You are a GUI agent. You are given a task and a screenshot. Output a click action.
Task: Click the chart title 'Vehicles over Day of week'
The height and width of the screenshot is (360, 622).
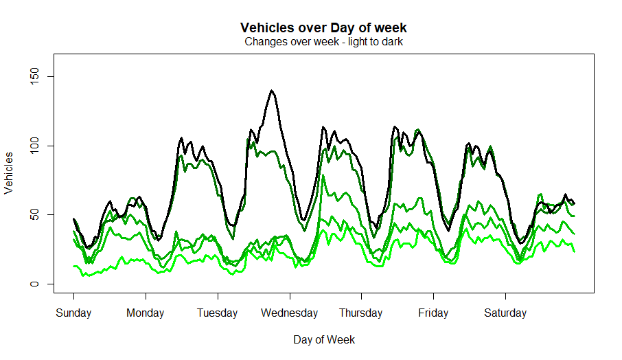[323, 28]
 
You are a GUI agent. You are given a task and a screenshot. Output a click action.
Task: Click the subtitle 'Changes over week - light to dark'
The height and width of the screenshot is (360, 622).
[323, 42]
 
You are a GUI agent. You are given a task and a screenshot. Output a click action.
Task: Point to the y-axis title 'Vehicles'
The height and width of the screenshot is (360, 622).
[9, 173]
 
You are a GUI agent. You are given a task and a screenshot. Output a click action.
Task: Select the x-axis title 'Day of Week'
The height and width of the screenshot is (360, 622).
[324, 339]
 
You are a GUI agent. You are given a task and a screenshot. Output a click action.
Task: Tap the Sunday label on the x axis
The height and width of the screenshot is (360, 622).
[73, 313]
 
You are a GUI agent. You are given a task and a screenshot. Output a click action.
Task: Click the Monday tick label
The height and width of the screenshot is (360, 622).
[146, 313]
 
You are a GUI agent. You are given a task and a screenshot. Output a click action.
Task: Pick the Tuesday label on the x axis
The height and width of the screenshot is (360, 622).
[217, 313]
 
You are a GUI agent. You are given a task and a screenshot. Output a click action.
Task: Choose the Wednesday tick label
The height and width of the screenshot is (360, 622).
[289, 313]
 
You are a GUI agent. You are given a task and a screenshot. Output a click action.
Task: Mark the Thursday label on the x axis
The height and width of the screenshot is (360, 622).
[361, 313]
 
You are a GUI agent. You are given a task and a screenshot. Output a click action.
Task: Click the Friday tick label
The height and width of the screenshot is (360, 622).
[433, 313]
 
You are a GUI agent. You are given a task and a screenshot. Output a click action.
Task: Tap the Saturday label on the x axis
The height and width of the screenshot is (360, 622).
[505, 313]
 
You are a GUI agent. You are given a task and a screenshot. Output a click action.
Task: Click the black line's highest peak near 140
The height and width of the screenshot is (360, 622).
[272, 91]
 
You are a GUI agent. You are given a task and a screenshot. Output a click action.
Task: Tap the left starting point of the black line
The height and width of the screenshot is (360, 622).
[73, 219]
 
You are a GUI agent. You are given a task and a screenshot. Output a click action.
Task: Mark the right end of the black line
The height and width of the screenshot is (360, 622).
[574, 203]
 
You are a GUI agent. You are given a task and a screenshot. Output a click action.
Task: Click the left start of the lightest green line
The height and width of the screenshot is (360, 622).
[73, 266]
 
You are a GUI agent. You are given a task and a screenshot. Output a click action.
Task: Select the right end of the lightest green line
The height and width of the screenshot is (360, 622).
[574, 251]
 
